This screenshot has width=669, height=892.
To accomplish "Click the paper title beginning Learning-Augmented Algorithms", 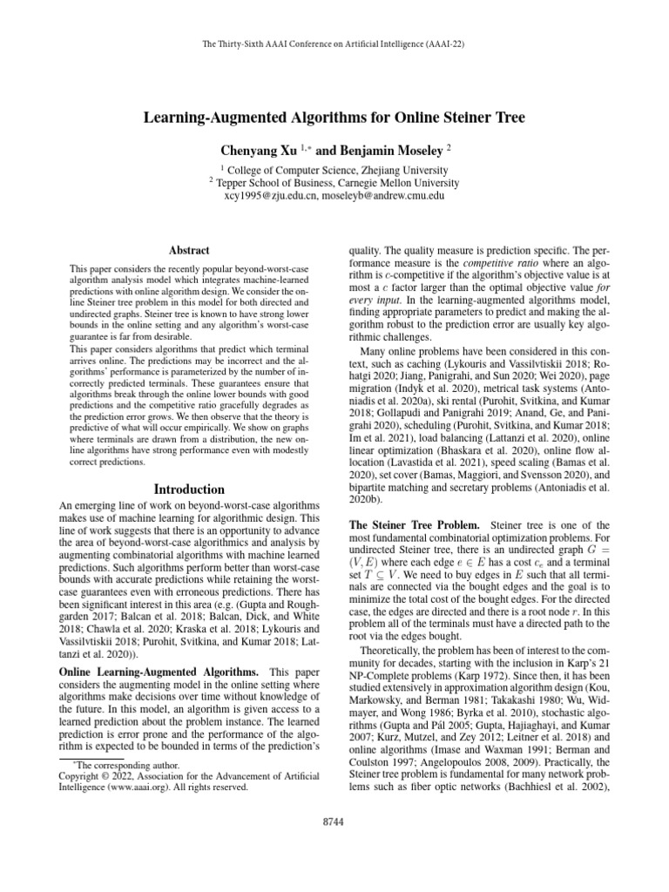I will pos(334,118).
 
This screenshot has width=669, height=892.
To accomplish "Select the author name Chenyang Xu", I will pos(260,149).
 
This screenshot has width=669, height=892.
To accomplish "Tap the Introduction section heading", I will pos(188,490).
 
